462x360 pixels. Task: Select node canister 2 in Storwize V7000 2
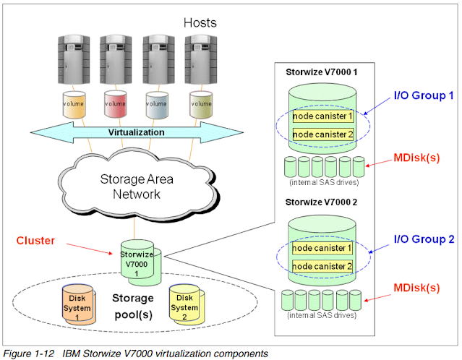[322, 267]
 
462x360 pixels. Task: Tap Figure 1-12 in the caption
[28, 353]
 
